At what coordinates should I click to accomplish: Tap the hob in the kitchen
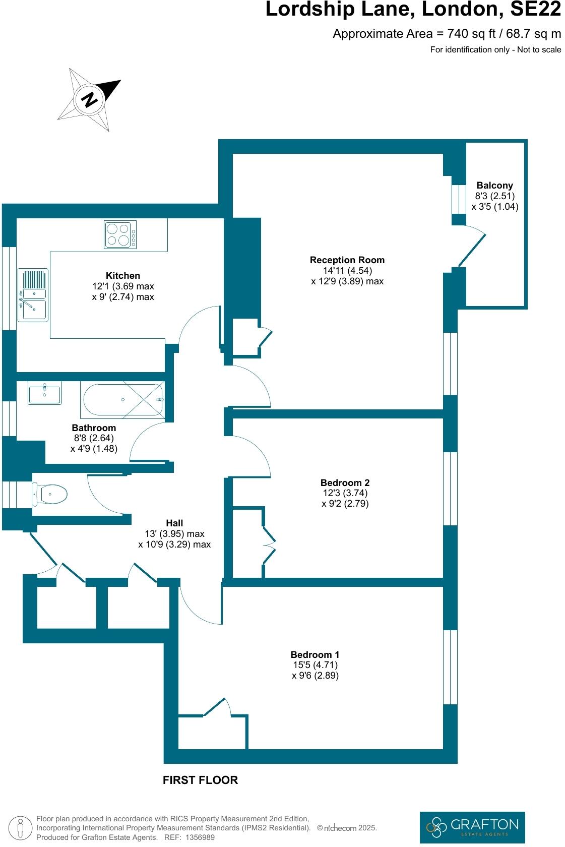[120, 235]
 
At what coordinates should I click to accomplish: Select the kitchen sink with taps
[33, 295]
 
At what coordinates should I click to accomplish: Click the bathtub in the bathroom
[122, 400]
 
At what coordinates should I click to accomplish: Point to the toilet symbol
[50, 495]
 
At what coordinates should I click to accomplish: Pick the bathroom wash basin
[45, 393]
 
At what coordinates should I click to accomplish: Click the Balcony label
[494, 186]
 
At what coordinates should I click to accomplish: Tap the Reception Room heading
[347, 260]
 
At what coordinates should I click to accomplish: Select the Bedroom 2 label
[345, 482]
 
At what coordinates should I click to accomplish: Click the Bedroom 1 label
[315, 654]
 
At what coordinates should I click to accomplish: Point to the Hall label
[174, 523]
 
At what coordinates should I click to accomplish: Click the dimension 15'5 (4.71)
[315, 665]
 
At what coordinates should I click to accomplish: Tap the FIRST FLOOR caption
[200, 780]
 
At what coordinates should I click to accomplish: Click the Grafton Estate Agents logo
[472, 827]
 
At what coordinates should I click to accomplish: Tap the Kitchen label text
[122, 276]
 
